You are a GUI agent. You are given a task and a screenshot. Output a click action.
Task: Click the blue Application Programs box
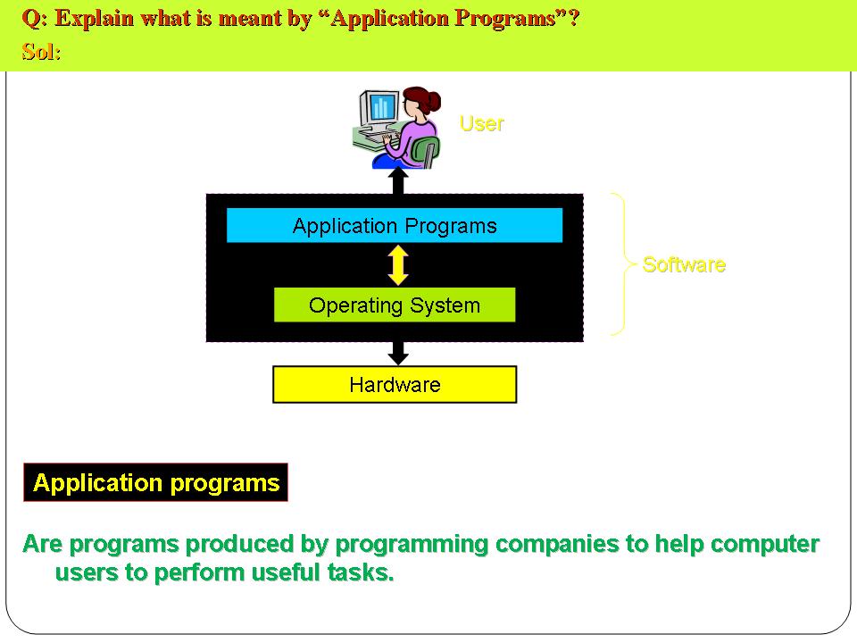coord(395,225)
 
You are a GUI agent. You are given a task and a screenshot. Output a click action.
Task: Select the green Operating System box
coord(395,305)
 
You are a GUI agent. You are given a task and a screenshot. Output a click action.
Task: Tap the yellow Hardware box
coord(395,384)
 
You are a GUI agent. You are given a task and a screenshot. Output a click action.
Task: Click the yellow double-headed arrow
coord(398,265)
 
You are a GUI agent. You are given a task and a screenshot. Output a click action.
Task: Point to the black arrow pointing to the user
coord(398,180)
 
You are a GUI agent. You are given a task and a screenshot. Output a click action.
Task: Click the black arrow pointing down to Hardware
coord(398,354)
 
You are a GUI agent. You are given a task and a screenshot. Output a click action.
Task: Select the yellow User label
coord(481,123)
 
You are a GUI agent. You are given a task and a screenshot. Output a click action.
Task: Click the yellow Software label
coord(684,264)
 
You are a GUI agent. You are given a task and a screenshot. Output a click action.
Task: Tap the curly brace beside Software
coord(625,264)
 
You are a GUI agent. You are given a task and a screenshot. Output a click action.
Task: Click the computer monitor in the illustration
coord(379,108)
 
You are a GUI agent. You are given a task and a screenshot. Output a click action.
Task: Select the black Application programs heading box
coord(155,482)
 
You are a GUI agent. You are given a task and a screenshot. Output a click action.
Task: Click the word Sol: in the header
coord(42,52)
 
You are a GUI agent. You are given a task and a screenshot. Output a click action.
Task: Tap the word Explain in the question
coord(95,19)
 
